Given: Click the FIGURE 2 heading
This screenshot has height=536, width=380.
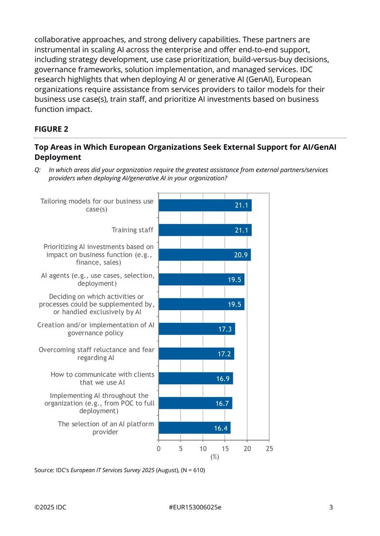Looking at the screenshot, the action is tap(51, 129).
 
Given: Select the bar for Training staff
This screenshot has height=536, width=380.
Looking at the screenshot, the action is tap(205, 230).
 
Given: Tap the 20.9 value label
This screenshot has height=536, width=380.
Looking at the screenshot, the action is tap(241, 255).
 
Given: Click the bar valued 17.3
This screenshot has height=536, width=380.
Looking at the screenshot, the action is tap(197, 329).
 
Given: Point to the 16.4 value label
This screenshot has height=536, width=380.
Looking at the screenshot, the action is tap(221, 428).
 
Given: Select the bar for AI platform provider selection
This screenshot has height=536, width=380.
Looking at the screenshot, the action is tap(194, 428).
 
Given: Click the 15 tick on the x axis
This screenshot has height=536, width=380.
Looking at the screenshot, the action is tap(225, 449).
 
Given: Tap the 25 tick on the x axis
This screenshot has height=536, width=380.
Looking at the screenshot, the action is tap(269, 449).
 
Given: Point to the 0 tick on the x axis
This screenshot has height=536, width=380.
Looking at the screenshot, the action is tap(159, 449).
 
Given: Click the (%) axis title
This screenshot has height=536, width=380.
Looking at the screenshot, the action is tap(215, 457).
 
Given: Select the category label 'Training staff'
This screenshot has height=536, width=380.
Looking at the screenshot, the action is tap(133, 230).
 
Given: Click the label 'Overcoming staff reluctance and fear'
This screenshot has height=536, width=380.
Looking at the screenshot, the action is tap(96, 350).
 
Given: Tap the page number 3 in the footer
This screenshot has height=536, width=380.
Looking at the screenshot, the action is tap(331, 507).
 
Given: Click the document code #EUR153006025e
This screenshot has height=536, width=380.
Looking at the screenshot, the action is tap(195, 507).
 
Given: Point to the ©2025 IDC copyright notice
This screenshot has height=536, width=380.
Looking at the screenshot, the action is tap(50, 507).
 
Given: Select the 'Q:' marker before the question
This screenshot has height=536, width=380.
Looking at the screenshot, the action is tap(38, 170).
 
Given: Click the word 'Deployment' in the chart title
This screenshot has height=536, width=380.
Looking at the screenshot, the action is tap(58, 157).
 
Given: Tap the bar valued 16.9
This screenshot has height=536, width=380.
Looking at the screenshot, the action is tap(196, 379).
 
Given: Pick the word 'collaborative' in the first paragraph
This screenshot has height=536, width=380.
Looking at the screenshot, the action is tap(57, 40).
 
